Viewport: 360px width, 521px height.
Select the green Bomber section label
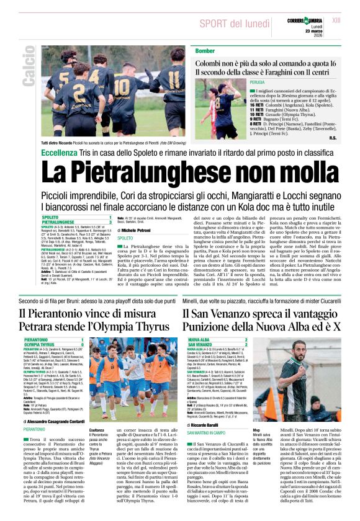tap(205, 51)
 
